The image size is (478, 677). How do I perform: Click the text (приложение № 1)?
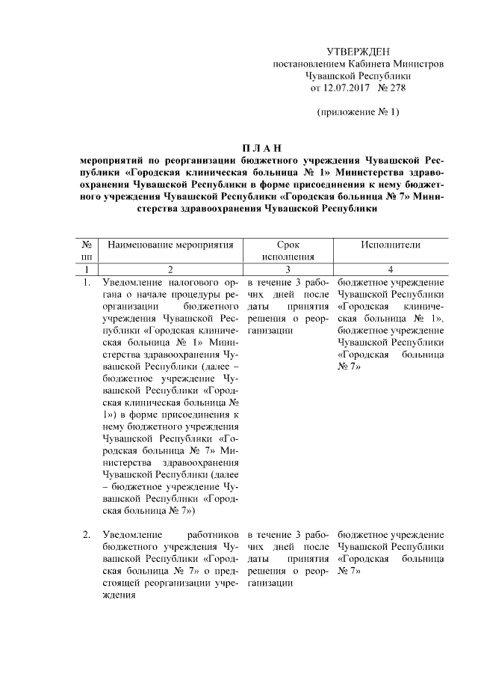pos(358,112)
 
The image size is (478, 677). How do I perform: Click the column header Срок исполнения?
pos(288,251)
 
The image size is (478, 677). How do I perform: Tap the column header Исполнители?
pos(391,245)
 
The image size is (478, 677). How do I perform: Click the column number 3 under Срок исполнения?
pos(288,269)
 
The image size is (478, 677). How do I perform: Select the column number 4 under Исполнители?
pos(391,269)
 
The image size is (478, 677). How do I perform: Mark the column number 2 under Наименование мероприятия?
pos(170,269)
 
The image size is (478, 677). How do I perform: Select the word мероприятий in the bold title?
pos(112,160)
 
